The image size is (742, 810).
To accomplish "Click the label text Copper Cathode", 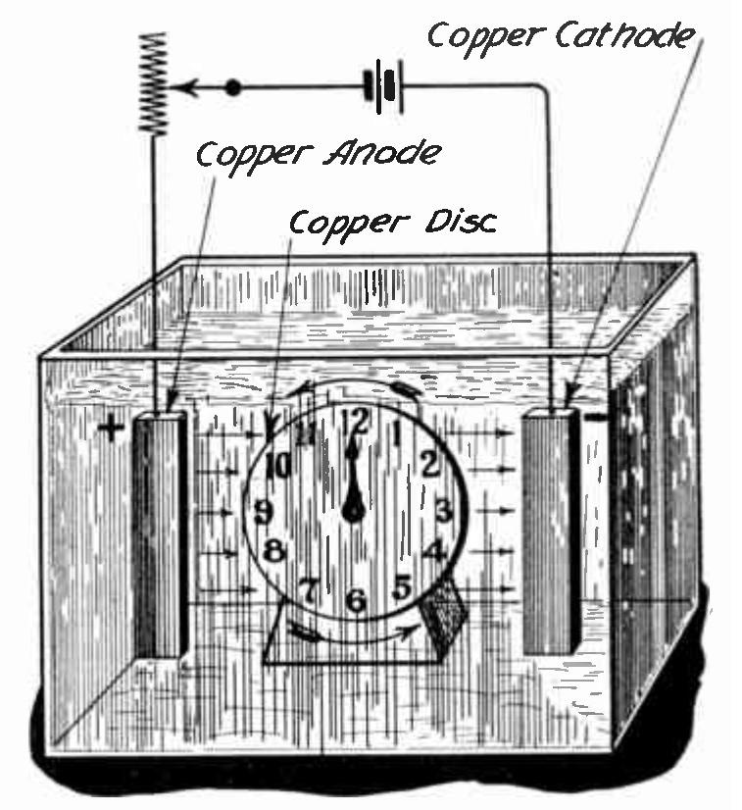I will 561,37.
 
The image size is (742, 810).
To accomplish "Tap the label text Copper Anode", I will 317,154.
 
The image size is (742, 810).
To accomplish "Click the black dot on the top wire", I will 232,88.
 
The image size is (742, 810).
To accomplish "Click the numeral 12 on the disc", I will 357,421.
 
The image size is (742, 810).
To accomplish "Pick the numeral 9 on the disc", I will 263,512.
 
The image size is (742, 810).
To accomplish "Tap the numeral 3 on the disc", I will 443,511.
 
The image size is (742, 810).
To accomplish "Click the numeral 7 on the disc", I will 308,590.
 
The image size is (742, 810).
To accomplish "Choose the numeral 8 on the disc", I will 275,552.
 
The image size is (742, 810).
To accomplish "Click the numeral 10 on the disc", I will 278,465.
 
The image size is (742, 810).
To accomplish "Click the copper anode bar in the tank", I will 160,534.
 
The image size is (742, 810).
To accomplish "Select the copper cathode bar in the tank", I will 550,534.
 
